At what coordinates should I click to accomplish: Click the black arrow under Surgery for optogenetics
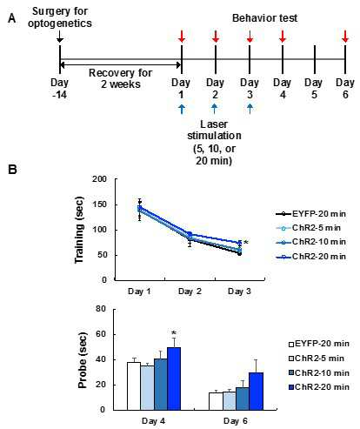coord(59,37)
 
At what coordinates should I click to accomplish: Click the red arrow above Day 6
coord(345,36)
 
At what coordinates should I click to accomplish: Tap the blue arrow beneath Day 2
coord(215,109)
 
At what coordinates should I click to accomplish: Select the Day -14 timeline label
coord(59,89)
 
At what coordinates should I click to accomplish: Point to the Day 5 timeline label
coord(314,89)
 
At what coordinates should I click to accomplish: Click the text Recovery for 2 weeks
coord(121,78)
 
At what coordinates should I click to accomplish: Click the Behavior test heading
coord(264,18)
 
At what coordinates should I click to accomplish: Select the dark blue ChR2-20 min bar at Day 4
coord(174,379)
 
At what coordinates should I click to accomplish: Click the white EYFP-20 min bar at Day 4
coord(134,386)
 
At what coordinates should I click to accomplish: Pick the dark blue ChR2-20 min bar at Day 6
coord(257,392)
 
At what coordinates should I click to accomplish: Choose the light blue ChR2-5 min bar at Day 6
coord(230,401)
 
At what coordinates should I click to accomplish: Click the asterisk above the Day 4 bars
coord(174,333)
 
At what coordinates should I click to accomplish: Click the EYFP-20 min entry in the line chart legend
coord(310,214)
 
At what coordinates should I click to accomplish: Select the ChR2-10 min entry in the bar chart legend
coord(319,372)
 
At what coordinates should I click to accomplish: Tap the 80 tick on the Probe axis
coord(101,309)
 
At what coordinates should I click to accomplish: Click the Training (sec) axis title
coord(79,230)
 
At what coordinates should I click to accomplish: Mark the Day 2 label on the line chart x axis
coord(190,292)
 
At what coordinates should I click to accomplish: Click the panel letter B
coord(12,170)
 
